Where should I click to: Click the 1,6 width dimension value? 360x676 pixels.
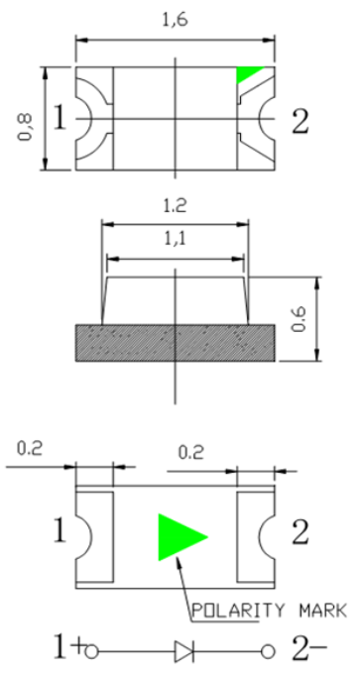pos(175,20)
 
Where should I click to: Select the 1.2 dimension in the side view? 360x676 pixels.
pos(175,205)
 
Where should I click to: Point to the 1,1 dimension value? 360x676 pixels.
pos(175,238)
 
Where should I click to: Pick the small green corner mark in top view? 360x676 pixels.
pos(248,73)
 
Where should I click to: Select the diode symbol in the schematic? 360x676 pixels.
pos(184,651)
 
